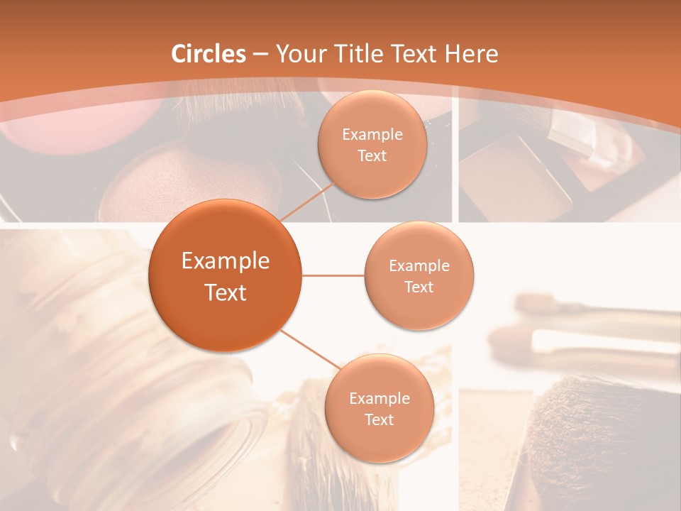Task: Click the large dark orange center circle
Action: coord(226,275)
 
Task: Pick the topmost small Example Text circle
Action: coord(372,145)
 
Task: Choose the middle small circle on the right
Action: coord(419,275)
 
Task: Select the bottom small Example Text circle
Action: coord(380,408)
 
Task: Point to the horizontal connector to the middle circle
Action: coord(333,275)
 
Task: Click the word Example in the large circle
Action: coord(226,261)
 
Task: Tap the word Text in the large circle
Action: coord(226,292)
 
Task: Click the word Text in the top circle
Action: coord(372,156)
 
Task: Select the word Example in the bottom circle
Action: coord(380,398)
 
